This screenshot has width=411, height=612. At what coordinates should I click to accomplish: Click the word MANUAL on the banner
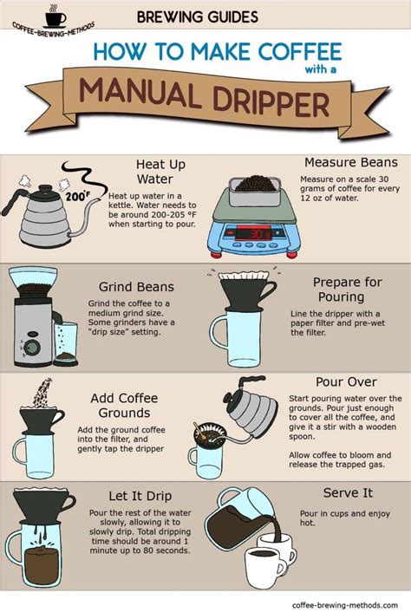tap(140, 94)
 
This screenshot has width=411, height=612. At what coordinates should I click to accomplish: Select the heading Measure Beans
tap(351, 162)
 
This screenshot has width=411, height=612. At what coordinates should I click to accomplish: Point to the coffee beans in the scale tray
tap(256, 184)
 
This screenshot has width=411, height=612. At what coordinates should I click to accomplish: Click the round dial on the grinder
tap(33, 346)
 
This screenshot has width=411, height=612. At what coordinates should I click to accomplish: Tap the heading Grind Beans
tap(136, 287)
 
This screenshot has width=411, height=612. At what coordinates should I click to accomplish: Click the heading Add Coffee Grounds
tap(125, 405)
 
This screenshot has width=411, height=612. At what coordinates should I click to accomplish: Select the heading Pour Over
tap(346, 381)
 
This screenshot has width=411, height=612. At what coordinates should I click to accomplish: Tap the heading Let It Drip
tap(140, 496)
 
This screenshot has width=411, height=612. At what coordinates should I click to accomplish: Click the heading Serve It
tap(348, 493)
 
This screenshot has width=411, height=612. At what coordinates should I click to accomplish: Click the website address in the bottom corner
tap(344, 605)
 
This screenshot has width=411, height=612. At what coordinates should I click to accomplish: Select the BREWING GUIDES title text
tap(198, 16)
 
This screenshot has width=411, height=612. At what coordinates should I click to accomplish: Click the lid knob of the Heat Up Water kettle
tap(45, 188)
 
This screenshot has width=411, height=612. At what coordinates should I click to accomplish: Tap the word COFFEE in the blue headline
tap(301, 52)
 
